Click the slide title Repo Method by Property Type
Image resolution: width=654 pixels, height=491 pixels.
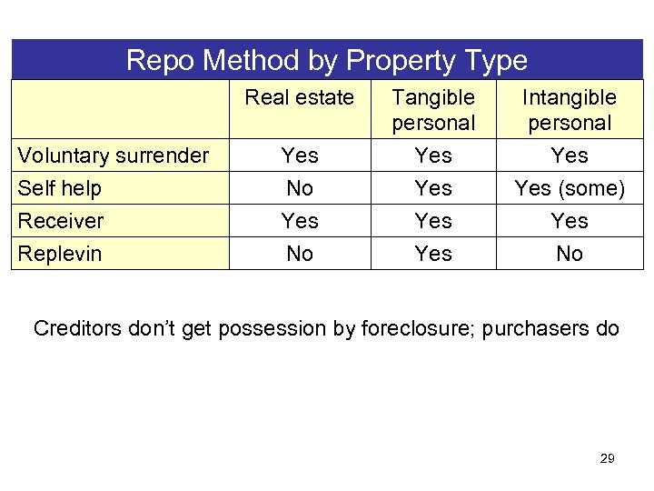point(327,60)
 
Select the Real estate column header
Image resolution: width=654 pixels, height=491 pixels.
point(300,97)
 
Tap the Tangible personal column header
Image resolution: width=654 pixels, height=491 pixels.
point(433,109)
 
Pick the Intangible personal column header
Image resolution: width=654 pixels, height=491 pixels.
point(570,109)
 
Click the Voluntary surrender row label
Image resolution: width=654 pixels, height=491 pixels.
point(113,155)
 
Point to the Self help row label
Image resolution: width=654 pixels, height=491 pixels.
point(60,188)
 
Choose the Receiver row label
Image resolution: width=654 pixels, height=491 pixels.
point(61,221)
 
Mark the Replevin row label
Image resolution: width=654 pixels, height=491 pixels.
point(61,254)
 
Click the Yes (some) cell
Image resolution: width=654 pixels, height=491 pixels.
point(570,188)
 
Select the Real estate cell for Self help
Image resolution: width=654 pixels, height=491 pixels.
point(300,188)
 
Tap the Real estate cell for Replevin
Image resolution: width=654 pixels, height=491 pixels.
point(300,254)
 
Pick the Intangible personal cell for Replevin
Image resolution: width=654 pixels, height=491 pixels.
point(570,254)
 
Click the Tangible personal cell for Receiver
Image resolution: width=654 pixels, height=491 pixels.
point(433,221)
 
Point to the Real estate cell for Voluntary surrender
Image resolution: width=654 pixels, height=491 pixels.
point(300,155)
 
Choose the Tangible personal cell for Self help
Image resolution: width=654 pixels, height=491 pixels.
point(433,188)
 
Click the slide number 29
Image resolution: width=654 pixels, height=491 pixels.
point(607,458)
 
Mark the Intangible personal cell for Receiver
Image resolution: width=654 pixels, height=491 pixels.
point(570,221)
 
